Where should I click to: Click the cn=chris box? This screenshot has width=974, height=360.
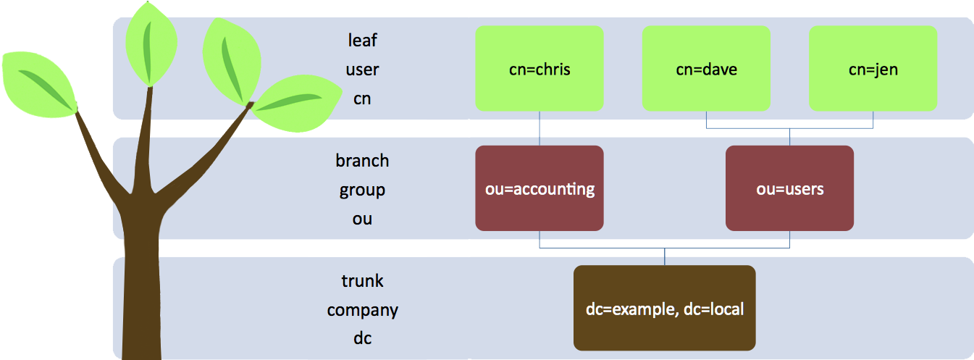click(540, 69)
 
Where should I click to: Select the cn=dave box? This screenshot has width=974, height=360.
click(706, 69)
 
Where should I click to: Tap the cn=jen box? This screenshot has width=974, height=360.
click(873, 69)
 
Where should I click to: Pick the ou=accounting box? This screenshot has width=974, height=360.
click(540, 188)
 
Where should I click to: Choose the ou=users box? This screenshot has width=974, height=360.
click(789, 188)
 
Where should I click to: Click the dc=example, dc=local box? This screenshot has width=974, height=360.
click(664, 309)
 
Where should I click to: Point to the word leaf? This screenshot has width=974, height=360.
click(362, 40)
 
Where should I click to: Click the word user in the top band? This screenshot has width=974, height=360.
click(362, 70)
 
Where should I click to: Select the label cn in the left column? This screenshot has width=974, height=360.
click(362, 99)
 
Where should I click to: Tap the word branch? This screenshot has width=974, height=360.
click(362, 160)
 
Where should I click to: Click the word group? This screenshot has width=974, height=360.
click(362, 190)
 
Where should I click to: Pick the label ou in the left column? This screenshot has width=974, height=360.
click(362, 219)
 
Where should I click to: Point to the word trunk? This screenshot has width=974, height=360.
click(362, 280)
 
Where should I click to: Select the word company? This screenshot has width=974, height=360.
click(362, 310)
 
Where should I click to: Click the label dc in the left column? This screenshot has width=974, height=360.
click(362, 338)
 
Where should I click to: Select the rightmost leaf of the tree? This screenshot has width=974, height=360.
click(298, 105)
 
